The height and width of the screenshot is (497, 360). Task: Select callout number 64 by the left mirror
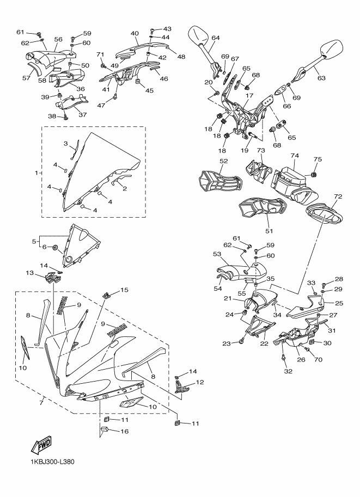coord(216,38)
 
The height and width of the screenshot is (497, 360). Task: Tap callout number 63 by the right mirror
coord(321,78)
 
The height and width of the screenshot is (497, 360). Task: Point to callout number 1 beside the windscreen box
coord(36,173)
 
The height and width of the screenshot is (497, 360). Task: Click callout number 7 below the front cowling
coord(41,403)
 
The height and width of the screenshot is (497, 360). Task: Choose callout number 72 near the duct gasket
coord(337,196)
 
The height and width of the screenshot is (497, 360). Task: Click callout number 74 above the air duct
coord(295,155)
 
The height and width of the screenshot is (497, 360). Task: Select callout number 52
coord(223,161)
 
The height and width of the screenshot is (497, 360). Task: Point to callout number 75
coord(319,159)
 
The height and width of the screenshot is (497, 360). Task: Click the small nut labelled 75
coord(314,174)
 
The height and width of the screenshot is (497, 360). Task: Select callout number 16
coord(124,431)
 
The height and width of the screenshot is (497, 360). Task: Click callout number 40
coord(135,33)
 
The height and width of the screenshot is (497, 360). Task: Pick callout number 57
coord(26,78)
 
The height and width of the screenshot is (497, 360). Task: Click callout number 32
coord(288,371)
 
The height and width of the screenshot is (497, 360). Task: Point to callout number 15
coord(124,290)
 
